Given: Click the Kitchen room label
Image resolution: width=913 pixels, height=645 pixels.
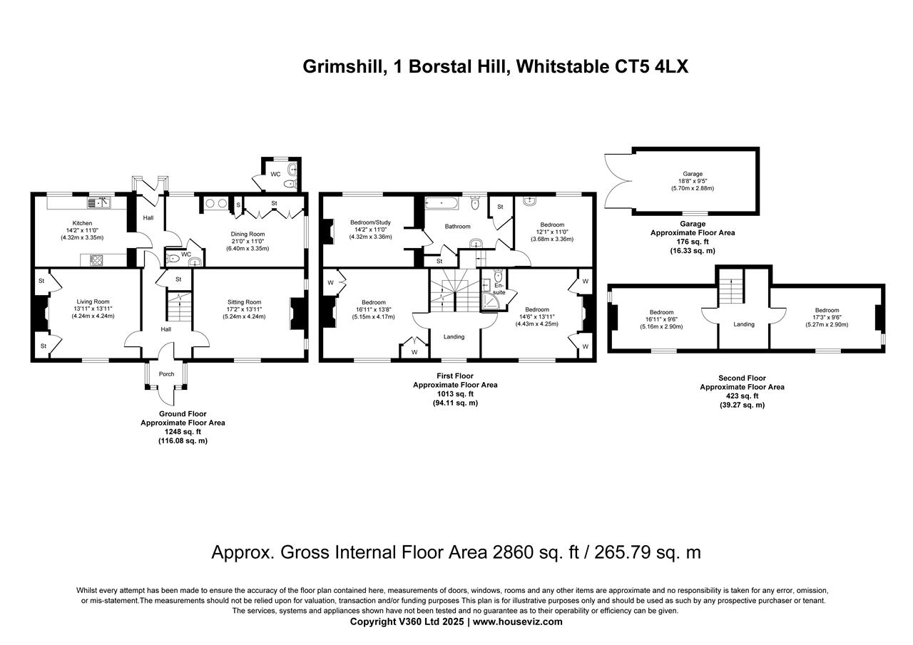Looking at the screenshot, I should (x=82, y=223).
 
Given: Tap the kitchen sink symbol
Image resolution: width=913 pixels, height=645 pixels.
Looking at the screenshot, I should (x=99, y=203).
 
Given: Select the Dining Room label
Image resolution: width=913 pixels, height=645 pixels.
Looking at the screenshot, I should (x=248, y=234).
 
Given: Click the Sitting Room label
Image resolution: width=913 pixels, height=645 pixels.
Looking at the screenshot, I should (x=244, y=302).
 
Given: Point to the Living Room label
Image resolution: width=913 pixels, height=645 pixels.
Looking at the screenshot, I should (x=93, y=301).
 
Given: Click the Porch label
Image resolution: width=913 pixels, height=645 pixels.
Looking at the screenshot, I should (x=166, y=374).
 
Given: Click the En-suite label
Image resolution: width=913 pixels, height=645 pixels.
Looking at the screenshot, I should (x=498, y=288).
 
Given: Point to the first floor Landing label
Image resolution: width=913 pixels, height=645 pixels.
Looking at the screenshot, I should (x=454, y=336).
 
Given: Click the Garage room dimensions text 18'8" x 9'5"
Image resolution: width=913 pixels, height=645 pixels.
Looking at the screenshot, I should (x=692, y=181).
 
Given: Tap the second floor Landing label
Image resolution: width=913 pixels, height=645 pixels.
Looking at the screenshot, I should (x=744, y=324).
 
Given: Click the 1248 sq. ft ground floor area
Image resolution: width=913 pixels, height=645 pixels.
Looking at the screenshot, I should (x=183, y=432).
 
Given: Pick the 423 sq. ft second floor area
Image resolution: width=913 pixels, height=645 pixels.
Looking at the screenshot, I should (x=742, y=396).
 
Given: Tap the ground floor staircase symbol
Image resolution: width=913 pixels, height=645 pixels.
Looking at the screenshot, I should (x=178, y=306).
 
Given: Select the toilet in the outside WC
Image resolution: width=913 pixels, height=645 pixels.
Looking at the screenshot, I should (x=289, y=184).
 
